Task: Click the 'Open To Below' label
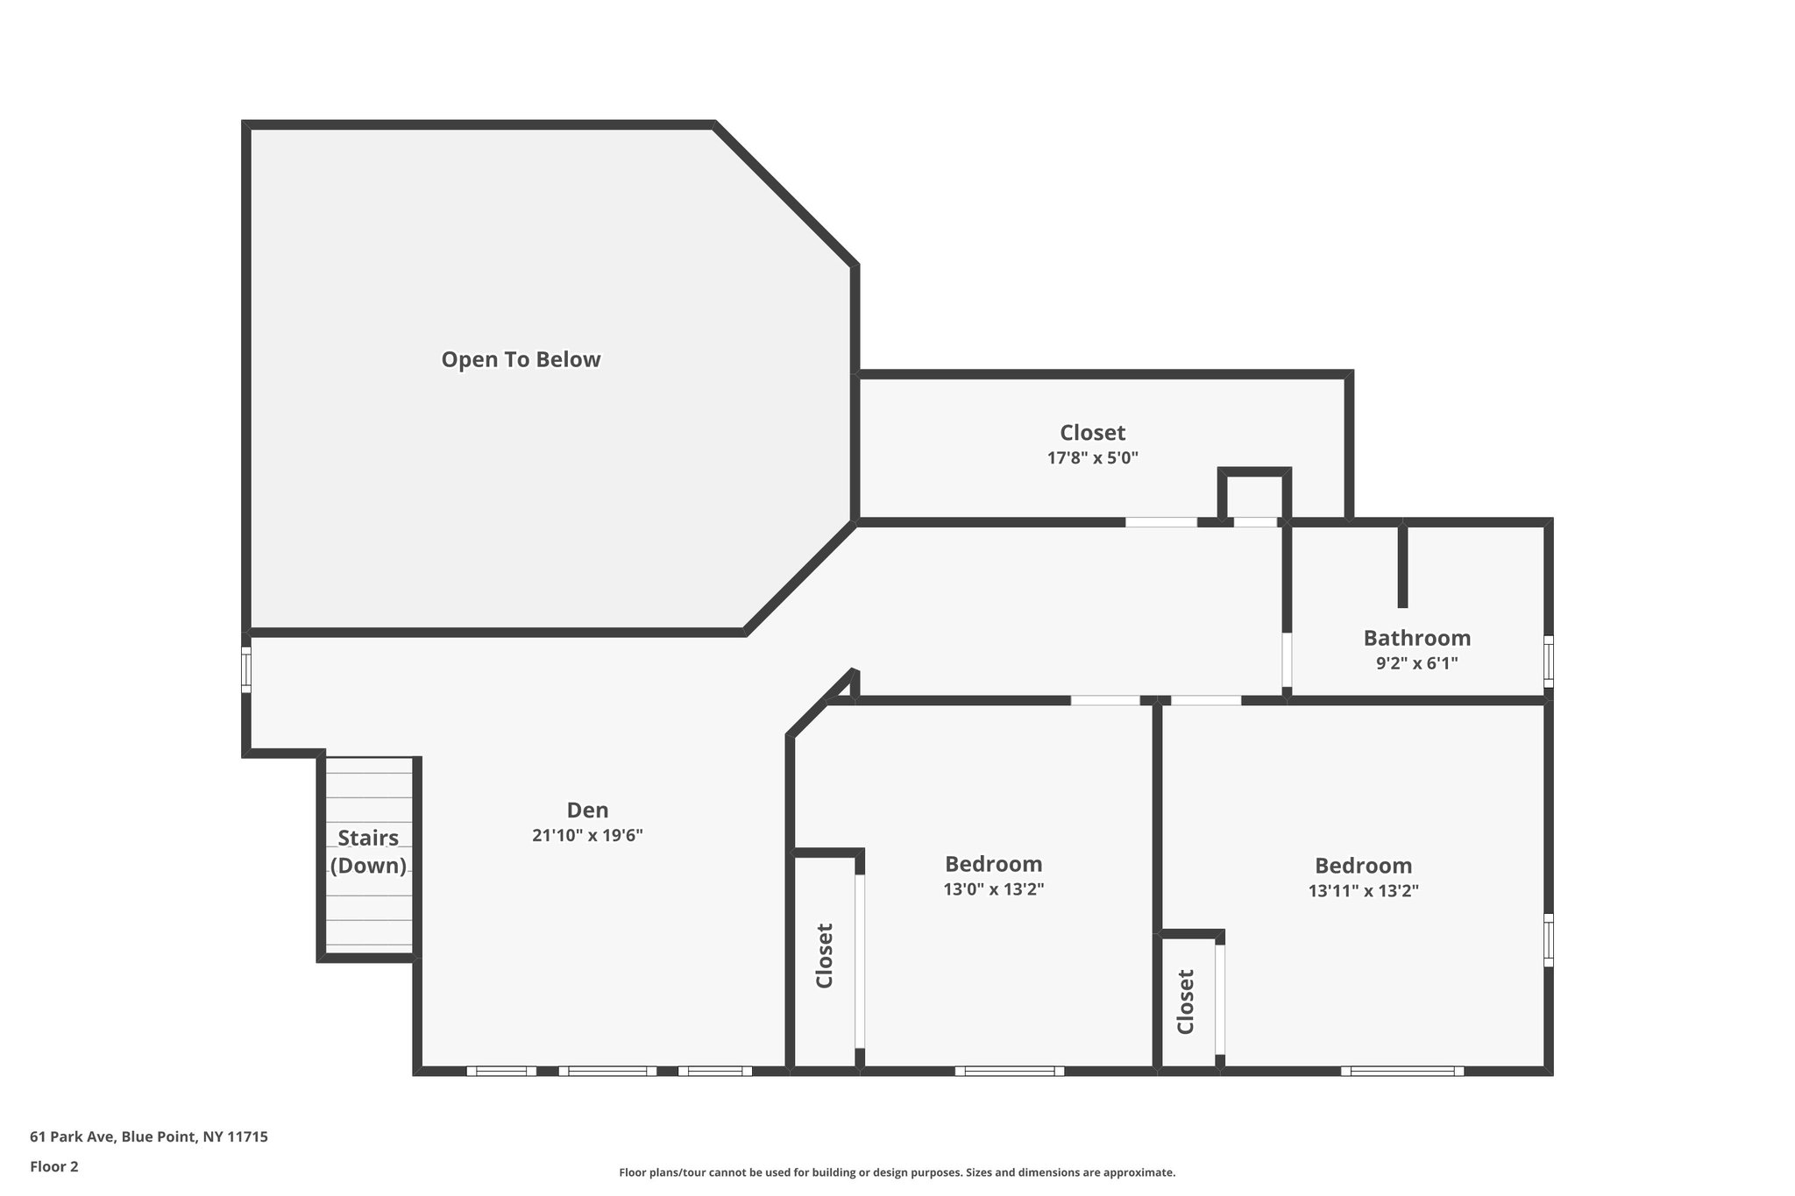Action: coord(521,360)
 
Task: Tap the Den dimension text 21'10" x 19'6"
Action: coord(587,836)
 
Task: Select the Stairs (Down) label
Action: coord(368,852)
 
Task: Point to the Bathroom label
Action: coord(1416,638)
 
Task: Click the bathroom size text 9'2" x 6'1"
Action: coord(1416,664)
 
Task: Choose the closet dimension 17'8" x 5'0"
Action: coord(1092,458)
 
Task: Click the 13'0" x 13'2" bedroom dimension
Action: coord(993,890)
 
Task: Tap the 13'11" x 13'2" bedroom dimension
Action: coord(1363,892)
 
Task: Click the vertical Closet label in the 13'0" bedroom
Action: coord(825,956)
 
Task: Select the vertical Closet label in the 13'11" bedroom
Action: coord(1186,1001)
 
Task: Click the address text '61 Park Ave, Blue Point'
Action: coord(149,1137)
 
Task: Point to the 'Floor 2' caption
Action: coord(54,1167)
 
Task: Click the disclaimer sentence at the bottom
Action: coord(897,1172)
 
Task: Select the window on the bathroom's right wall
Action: coord(1549,662)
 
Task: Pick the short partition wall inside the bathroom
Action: coord(1402,565)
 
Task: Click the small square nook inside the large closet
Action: coord(1255,498)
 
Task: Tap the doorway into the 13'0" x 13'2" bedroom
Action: coord(1105,700)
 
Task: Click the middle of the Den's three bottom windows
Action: coord(607,1071)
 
